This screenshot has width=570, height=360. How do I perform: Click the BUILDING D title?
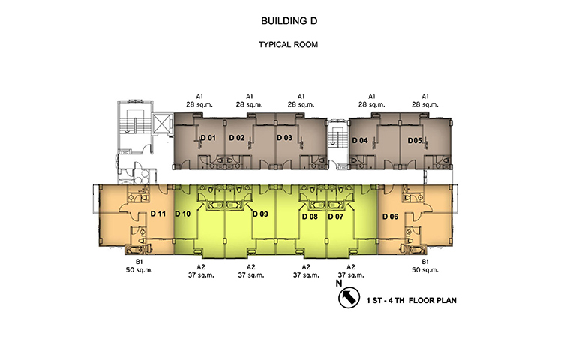pyautogui.click(x=289, y=21)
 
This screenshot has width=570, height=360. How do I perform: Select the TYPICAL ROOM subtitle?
pyautogui.click(x=288, y=45)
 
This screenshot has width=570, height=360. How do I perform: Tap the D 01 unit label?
pyautogui.click(x=208, y=138)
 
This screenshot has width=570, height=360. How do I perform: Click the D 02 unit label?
pyautogui.click(x=237, y=138)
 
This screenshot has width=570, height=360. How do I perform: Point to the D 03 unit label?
pyautogui.click(x=284, y=138)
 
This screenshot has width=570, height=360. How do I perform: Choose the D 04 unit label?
pyautogui.click(x=360, y=140)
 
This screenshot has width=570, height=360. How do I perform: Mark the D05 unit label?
pyautogui.click(x=415, y=140)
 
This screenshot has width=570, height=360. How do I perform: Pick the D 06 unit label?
pyautogui.click(x=390, y=217)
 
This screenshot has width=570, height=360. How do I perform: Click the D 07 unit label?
pyautogui.click(x=335, y=217)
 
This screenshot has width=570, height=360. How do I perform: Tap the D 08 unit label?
pyautogui.click(x=310, y=217)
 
